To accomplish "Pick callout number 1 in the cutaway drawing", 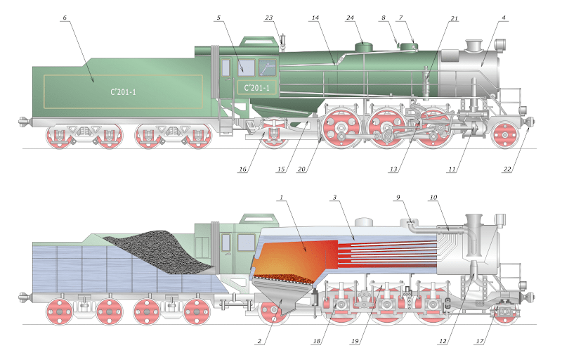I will pos(281,198).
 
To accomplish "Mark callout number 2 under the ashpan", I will pos(259,342).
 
